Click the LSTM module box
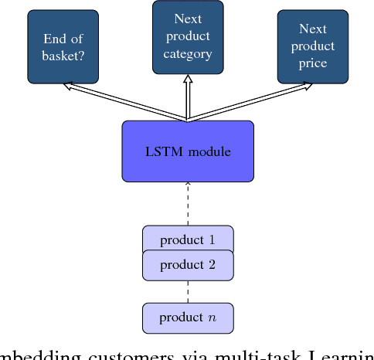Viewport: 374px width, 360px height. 188,151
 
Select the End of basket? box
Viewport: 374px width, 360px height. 63,46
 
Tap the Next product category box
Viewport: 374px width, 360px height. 188,36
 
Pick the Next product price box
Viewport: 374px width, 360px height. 312,46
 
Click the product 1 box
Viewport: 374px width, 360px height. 188,239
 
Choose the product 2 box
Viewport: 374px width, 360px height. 188,266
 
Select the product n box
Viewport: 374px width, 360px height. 188,318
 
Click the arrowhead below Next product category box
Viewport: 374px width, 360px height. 188,78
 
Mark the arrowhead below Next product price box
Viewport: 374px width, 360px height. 308,86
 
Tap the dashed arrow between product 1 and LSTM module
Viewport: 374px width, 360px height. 188,204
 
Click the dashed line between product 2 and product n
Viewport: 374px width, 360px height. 188,291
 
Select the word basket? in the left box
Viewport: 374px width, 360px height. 63,54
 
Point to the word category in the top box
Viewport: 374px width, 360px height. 188,54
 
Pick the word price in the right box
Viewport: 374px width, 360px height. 312,63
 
